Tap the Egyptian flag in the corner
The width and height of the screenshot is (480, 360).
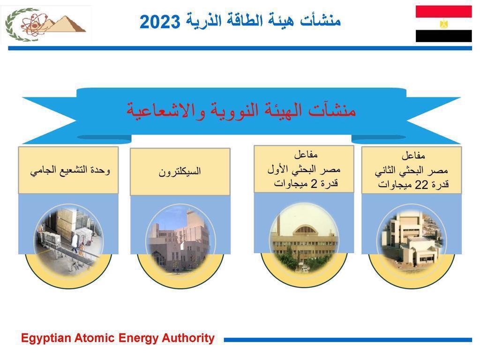(443, 24)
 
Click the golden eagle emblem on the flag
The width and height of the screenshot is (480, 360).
(443, 24)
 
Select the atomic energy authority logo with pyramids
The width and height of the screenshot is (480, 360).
(46, 24)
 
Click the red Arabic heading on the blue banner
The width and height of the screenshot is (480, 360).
(241, 111)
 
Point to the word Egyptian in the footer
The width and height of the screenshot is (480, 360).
(46, 338)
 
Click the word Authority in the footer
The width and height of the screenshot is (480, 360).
(188, 338)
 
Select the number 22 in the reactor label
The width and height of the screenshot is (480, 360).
(421, 185)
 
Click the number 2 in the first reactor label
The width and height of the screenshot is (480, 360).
(314, 184)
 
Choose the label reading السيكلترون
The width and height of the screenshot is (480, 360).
(180, 171)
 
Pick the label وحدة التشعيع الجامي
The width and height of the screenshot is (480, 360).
(70, 170)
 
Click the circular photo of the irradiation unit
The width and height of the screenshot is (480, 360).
(69, 241)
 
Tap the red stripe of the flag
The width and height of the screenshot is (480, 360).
(443, 12)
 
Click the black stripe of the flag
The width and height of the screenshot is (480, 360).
(443, 36)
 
